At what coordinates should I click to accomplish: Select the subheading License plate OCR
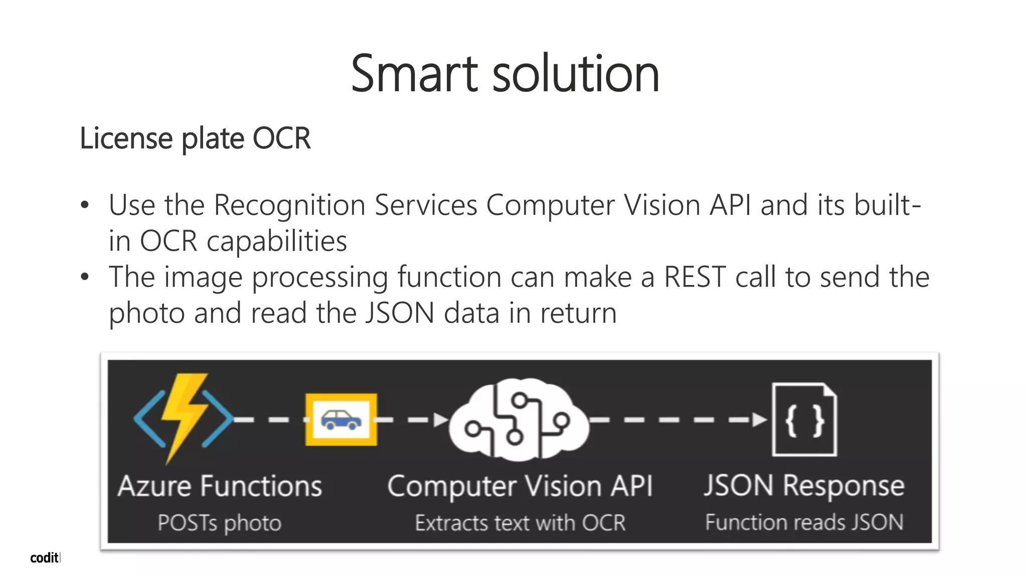[x=195, y=138]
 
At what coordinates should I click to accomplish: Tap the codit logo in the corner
[x=45, y=557]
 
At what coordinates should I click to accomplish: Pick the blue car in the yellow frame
[x=341, y=419]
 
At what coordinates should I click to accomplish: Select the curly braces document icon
[x=804, y=419]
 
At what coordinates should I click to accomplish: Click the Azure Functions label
[x=220, y=486]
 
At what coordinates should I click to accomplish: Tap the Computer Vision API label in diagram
[x=520, y=486]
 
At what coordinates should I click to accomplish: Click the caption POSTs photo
[x=219, y=523]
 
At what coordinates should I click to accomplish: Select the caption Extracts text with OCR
[x=520, y=523]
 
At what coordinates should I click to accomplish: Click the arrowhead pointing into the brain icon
[x=441, y=419]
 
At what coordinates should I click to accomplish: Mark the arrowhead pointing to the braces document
[x=760, y=419]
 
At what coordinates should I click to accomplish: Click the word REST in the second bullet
[x=695, y=277]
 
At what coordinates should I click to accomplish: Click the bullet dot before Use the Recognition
[x=85, y=205]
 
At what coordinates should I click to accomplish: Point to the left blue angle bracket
[x=148, y=419]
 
